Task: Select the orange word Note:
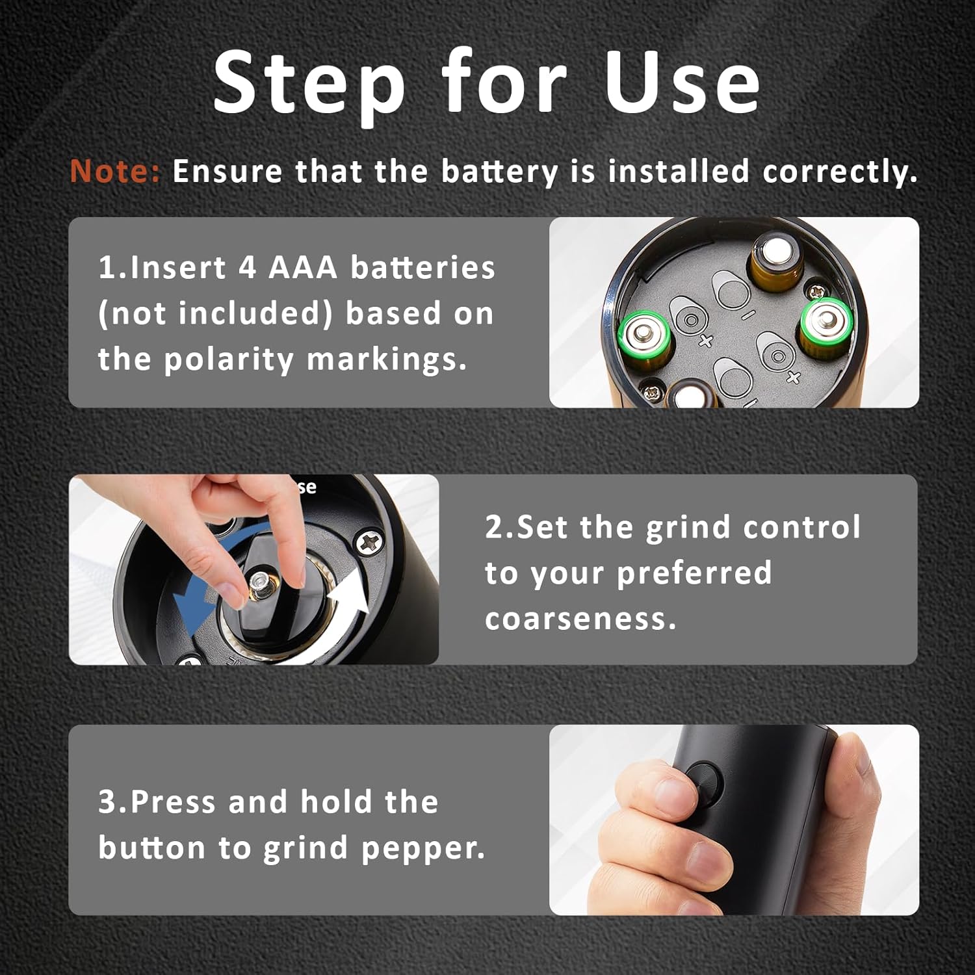pyautogui.click(x=115, y=171)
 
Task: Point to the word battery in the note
pyautogui.click(x=499, y=172)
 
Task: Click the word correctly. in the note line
pyautogui.click(x=840, y=172)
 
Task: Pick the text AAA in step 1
pyautogui.click(x=303, y=267)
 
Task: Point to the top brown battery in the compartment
pyautogui.click(x=775, y=261)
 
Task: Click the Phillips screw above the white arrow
pyautogui.click(x=369, y=541)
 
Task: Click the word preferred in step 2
pyautogui.click(x=694, y=573)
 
